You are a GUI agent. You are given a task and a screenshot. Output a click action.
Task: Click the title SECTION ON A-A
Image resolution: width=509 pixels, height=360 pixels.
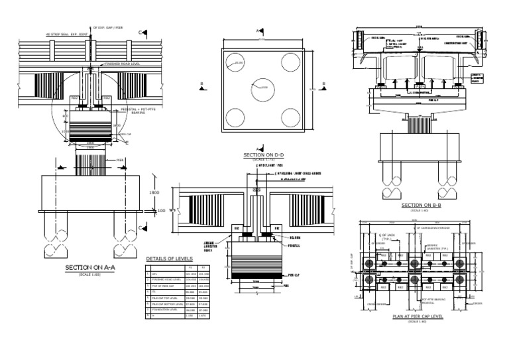click(89, 268)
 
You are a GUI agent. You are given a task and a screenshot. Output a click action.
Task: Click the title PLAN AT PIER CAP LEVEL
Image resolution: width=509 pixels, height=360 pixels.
click(418, 317)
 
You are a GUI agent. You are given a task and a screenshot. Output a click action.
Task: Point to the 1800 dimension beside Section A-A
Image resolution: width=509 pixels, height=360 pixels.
click(154, 193)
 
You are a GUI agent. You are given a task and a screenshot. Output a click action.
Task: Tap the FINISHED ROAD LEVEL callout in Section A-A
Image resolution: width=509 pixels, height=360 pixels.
click(123, 64)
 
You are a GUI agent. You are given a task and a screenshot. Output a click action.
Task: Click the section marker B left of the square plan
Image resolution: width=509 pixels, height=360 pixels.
click(201, 84)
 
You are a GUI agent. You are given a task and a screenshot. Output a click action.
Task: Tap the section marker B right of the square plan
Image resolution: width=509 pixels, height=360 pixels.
click(323, 84)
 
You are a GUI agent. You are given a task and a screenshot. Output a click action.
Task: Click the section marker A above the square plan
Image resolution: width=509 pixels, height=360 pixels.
click(258, 30)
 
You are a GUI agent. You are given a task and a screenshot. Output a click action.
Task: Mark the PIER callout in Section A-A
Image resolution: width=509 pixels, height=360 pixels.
click(120, 160)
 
